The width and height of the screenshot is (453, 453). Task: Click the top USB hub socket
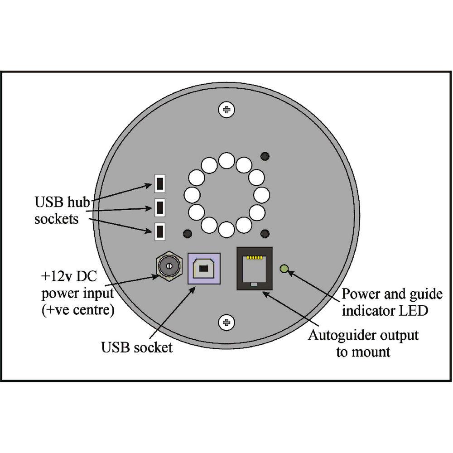[x=159, y=183]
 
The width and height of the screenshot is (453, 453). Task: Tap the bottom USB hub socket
[x=159, y=231]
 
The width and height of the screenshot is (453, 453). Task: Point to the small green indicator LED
[x=284, y=269]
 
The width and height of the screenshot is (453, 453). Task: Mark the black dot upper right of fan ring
[x=265, y=156]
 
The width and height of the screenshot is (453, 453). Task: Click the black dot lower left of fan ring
[x=186, y=234]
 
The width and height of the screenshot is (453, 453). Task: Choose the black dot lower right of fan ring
[x=265, y=234]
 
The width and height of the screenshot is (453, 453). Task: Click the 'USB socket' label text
[x=137, y=348]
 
